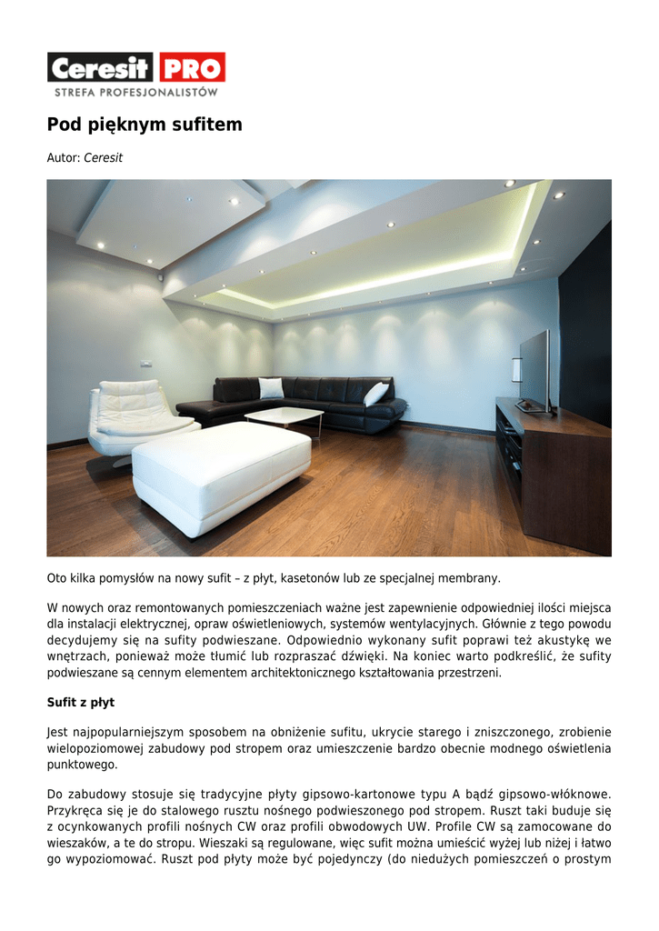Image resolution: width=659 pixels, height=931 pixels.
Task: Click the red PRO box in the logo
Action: click(192, 67)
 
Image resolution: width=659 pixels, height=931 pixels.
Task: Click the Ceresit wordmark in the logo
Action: click(101, 68)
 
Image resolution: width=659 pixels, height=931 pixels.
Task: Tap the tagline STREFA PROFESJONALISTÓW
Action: click(136, 92)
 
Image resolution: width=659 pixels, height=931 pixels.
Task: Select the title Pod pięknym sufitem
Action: click(145, 125)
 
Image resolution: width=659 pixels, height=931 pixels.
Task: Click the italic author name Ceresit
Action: click(103, 158)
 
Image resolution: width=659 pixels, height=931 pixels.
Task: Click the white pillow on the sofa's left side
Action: click(271, 388)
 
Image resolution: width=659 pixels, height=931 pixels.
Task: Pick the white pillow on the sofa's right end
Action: click(375, 394)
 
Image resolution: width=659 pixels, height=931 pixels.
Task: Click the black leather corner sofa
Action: click(309, 400)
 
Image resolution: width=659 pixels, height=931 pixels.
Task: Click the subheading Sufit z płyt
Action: click(81, 703)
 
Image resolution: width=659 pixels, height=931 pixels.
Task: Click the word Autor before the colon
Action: click(63, 158)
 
